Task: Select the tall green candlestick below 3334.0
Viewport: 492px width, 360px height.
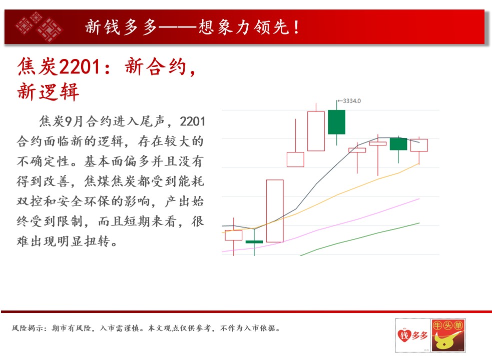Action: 337,122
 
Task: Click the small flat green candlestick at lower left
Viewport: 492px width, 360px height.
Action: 254,242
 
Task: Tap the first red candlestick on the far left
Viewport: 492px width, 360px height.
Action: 233,235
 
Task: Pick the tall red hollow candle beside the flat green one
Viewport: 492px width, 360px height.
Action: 275,210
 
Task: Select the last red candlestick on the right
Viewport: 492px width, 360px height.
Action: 419,145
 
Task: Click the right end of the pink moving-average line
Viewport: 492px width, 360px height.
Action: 419,198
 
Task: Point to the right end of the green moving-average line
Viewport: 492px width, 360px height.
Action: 419,223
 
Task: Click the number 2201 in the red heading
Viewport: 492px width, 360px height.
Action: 80,67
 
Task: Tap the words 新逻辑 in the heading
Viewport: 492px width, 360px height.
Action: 48,91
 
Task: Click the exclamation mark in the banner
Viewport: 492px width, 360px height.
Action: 296,27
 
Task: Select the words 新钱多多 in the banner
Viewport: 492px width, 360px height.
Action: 121,27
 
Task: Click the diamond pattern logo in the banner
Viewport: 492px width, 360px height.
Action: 39,26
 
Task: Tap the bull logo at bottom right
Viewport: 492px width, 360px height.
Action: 448,335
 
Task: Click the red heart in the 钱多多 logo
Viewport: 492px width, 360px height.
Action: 404,335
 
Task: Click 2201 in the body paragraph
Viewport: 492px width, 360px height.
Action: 192,121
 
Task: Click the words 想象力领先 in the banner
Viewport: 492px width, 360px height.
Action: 244,27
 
